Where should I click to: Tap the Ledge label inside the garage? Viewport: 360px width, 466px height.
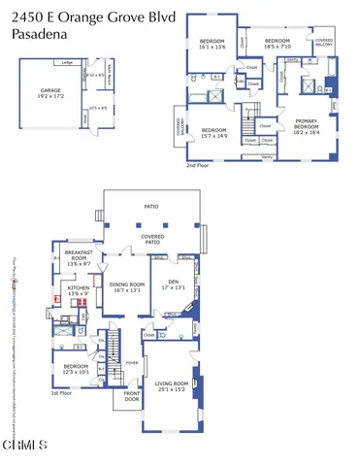point(67,62)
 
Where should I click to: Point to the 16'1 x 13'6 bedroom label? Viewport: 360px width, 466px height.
point(212,44)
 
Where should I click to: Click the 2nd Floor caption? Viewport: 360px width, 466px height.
point(198,166)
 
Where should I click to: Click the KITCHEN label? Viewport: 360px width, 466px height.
point(79,290)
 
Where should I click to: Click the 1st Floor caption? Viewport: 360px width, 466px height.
point(61,393)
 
